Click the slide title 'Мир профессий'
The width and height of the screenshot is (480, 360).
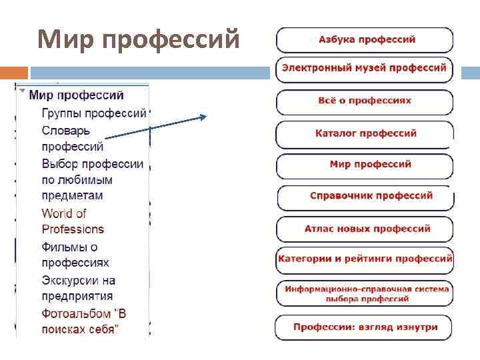pos(139,40)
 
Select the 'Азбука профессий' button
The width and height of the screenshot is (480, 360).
pos(365,40)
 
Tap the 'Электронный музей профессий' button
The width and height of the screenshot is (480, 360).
pos(364,68)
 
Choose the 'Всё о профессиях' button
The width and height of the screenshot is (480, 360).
pos(365,101)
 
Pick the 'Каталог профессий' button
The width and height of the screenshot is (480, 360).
pos(365,133)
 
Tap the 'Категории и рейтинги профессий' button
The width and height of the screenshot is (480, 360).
pos(365,259)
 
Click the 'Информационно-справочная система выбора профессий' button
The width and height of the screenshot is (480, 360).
pos(365,294)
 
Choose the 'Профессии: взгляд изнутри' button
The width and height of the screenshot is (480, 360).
pos(365,327)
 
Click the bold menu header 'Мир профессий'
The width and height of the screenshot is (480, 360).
pos(76,96)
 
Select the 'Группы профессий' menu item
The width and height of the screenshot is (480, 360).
pos(93,113)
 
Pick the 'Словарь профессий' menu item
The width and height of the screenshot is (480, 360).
pos(72,138)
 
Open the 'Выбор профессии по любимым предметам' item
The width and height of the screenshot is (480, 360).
pos(92,179)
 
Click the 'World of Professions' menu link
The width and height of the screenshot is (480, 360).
pos(73,221)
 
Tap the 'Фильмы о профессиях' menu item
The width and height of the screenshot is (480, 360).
pos(75,255)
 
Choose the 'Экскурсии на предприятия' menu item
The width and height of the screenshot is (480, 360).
pos(78,288)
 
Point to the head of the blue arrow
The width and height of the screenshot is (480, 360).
pos(205,117)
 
